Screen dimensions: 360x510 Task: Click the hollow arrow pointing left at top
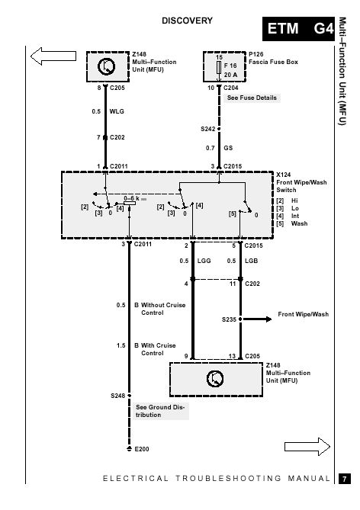[x=53, y=56]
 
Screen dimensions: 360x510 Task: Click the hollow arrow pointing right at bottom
[x=307, y=447]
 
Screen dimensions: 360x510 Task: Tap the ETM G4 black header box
[x=298, y=29]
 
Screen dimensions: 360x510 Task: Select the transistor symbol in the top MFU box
[x=107, y=66]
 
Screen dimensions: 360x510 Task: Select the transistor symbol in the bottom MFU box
[x=215, y=378]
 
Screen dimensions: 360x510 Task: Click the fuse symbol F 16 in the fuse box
[x=219, y=67]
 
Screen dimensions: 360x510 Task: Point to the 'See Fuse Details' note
[x=252, y=98]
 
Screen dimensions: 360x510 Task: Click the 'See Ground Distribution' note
[x=160, y=411]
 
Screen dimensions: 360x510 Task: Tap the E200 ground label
[x=142, y=449]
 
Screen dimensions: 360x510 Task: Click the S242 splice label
[x=207, y=129]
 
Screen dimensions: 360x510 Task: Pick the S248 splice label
[x=117, y=396]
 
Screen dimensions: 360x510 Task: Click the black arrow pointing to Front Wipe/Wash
[x=257, y=319]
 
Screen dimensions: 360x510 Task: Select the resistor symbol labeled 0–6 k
[x=130, y=203]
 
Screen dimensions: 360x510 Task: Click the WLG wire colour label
[x=117, y=111]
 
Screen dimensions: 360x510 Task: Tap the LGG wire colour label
[x=204, y=261]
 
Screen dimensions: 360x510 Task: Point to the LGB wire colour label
[x=251, y=261]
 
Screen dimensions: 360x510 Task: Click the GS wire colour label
[x=228, y=148]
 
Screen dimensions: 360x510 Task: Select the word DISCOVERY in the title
[x=187, y=21]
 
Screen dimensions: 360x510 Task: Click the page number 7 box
[x=345, y=479]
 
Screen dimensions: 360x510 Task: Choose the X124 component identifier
[x=284, y=175]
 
